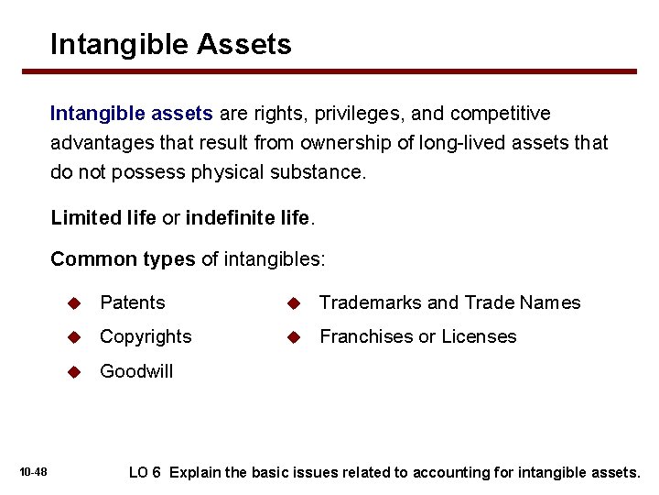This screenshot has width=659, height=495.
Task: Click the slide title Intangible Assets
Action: [x=171, y=44]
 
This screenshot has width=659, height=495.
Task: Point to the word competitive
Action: [x=503, y=114]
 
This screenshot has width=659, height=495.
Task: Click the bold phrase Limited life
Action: [x=103, y=218]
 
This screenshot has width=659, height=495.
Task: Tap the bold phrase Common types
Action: [x=123, y=259]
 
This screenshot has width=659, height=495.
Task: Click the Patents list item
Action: [x=133, y=302]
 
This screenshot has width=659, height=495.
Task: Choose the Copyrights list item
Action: [x=146, y=336]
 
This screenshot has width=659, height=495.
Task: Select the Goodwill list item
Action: [x=136, y=371]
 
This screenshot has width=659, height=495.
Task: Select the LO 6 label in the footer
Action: [x=145, y=472]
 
